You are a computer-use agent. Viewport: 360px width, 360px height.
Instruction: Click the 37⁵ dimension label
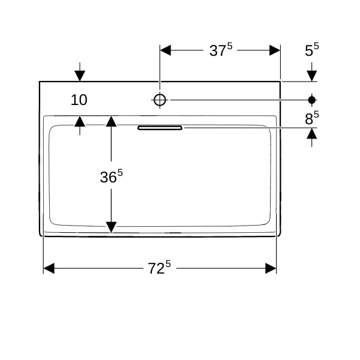click(221, 50)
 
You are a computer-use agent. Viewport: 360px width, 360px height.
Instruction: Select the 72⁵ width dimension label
click(160, 268)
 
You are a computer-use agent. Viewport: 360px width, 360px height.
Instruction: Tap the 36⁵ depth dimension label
click(112, 176)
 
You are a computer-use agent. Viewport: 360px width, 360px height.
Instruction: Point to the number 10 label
click(79, 100)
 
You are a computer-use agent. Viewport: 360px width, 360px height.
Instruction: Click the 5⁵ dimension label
click(312, 50)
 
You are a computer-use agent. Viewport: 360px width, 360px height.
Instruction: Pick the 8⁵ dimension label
click(312, 118)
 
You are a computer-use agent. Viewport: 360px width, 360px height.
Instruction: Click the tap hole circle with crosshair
click(160, 100)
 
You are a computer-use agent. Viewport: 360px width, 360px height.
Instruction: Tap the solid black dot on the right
click(312, 100)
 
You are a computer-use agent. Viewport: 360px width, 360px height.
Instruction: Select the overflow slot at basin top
click(160, 128)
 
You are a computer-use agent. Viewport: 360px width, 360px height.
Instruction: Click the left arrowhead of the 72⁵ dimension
click(49, 268)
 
